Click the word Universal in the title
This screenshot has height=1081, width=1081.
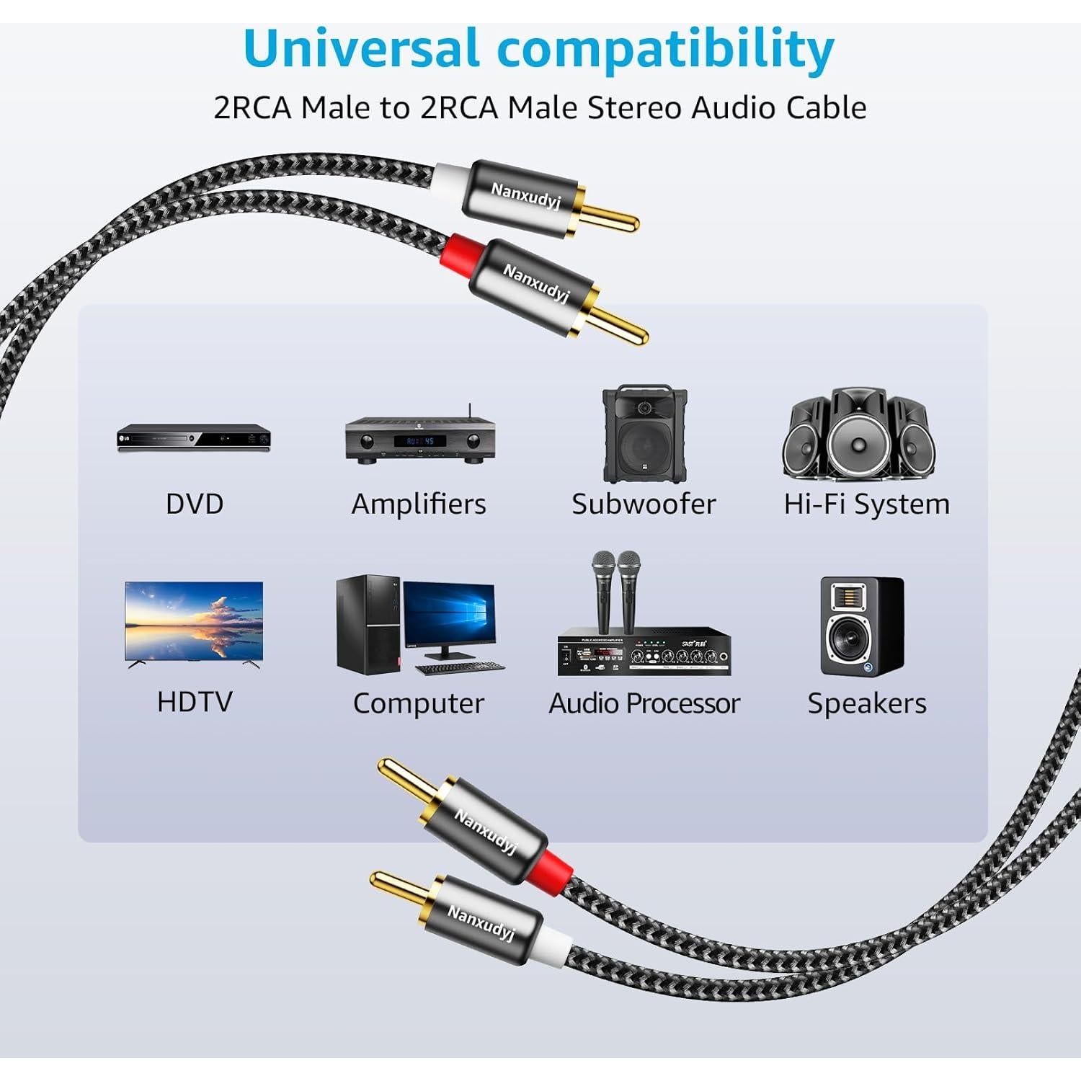pos(361,49)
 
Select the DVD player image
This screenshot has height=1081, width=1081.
pos(194,437)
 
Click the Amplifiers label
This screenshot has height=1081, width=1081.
pos(418,504)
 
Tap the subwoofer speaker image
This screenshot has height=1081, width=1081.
pos(644,435)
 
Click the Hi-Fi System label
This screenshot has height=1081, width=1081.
pos(866,504)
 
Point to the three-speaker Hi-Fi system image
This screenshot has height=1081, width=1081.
pos(858,435)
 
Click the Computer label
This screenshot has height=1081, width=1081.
pos(418,703)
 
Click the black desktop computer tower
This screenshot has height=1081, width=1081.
pos(368,625)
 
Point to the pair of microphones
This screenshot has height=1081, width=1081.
pos(616,591)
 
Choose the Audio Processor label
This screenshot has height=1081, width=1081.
pos(644,703)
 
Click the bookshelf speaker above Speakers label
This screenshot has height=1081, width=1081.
pos(862,626)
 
